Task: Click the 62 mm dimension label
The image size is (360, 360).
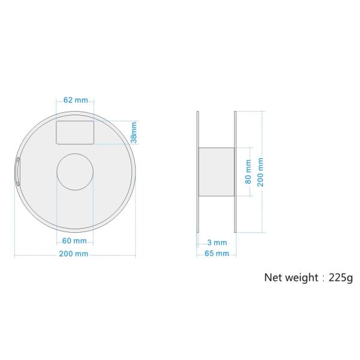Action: point(76,100)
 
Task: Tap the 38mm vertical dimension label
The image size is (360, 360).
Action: point(134,133)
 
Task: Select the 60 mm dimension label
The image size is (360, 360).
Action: point(74,241)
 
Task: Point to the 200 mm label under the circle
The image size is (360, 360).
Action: point(74,254)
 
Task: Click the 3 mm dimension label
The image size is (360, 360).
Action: point(217,242)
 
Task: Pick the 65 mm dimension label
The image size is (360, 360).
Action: point(217,253)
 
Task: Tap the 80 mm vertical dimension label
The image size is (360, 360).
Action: point(248,172)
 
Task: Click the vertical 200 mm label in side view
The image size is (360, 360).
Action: point(260,172)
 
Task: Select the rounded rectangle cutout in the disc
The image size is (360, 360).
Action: point(75,133)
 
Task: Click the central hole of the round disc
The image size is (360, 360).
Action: point(75,172)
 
